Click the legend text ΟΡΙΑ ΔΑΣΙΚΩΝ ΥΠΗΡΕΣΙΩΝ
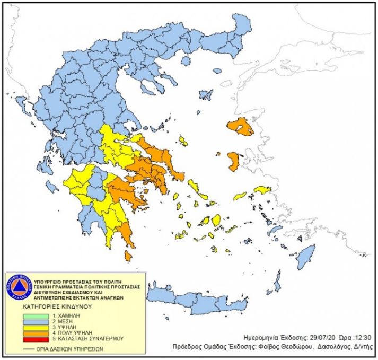(69, 349)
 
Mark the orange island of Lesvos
(240, 127)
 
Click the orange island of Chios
(234, 162)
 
